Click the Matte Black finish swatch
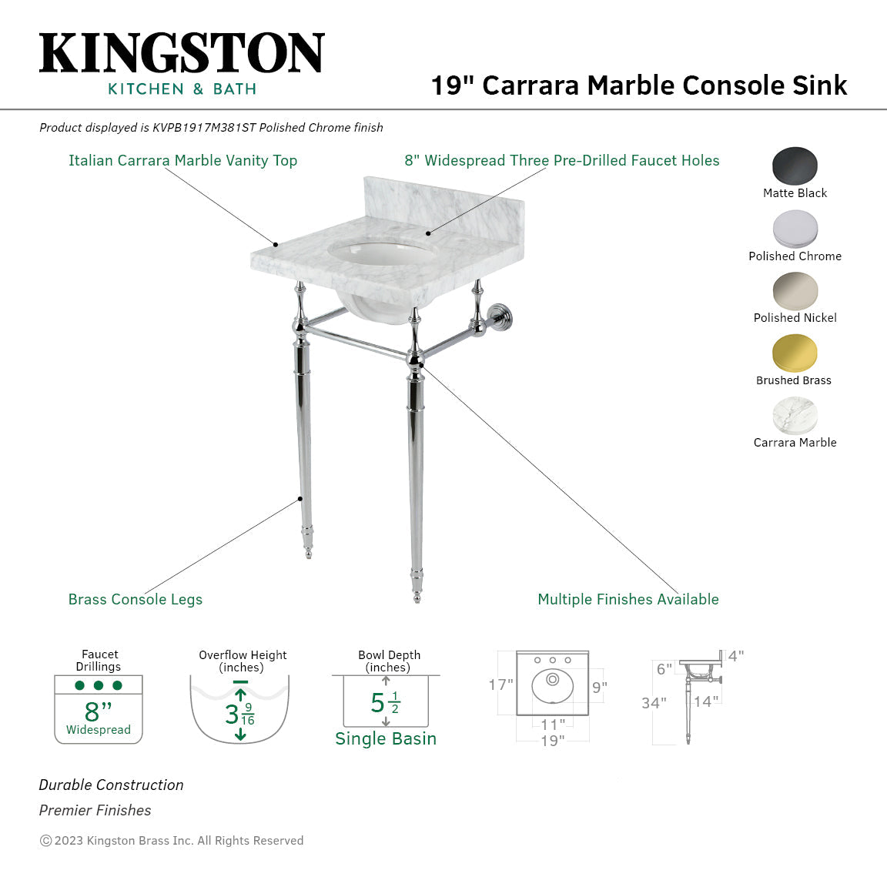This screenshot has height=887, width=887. (x=795, y=166)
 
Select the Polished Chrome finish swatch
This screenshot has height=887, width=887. (x=795, y=229)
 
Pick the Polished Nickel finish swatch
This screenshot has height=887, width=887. (x=795, y=291)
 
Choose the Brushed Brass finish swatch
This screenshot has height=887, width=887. (x=795, y=353)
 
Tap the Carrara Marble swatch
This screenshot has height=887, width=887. (x=795, y=416)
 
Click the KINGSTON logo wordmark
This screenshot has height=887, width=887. (x=182, y=53)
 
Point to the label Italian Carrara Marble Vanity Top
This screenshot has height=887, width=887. (x=182, y=160)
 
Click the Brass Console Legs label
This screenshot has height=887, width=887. (x=136, y=599)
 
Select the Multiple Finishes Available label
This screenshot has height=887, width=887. (x=628, y=599)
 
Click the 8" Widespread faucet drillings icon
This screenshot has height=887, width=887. (x=99, y=708)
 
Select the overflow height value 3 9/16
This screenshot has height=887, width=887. (x=239, y=714)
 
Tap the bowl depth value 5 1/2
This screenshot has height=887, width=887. (x=385, y=703)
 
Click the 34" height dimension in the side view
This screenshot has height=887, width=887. (x=654, y=703)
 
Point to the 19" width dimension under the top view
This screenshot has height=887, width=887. (x=552, y=741)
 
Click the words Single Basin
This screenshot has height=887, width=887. (x=385, y=738)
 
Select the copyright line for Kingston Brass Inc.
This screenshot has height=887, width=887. (x=172, y=841)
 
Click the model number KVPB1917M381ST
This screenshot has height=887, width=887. (x=203, y=128)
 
